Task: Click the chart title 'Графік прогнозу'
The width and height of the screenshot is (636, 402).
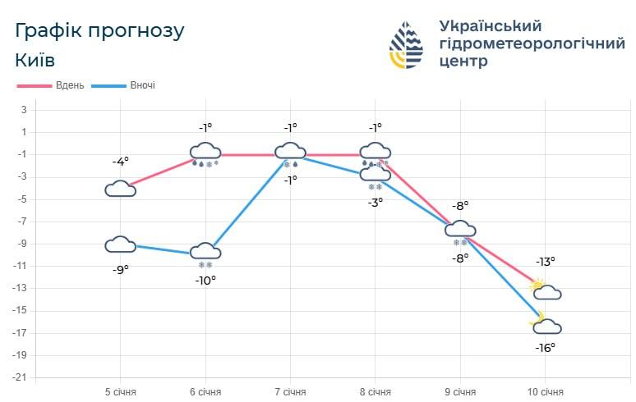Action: (x=100, y=31)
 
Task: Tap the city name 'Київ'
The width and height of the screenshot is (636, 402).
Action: (x=35, y=60)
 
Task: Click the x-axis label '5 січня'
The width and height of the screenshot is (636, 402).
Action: (x=120, y=392)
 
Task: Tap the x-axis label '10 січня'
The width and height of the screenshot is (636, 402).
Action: (x=545, y=392)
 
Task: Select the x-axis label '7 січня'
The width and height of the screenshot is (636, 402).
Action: (x=290, y=392)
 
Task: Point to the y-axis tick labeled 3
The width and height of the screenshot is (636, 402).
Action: (x=24, y=110)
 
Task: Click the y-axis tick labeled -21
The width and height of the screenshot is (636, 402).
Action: (x=21, y=377)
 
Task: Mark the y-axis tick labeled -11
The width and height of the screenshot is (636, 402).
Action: (x=21, y=266)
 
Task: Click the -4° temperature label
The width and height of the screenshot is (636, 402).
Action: (x=120, y=162)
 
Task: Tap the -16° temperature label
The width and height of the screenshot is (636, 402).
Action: (x=546, y=347)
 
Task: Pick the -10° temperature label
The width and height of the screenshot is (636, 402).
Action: (x=205, y=280)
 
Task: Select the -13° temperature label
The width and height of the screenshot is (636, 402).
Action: (x=546, y=262)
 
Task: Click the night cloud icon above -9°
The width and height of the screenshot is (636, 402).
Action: (x=121, y=244)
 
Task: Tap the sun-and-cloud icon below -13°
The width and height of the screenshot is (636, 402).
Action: (x=546, y=290)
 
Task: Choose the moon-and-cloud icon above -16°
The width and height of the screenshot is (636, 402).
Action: (x=546, y=325)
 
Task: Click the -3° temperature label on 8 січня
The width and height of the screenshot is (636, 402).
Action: (x=376, y=202)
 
